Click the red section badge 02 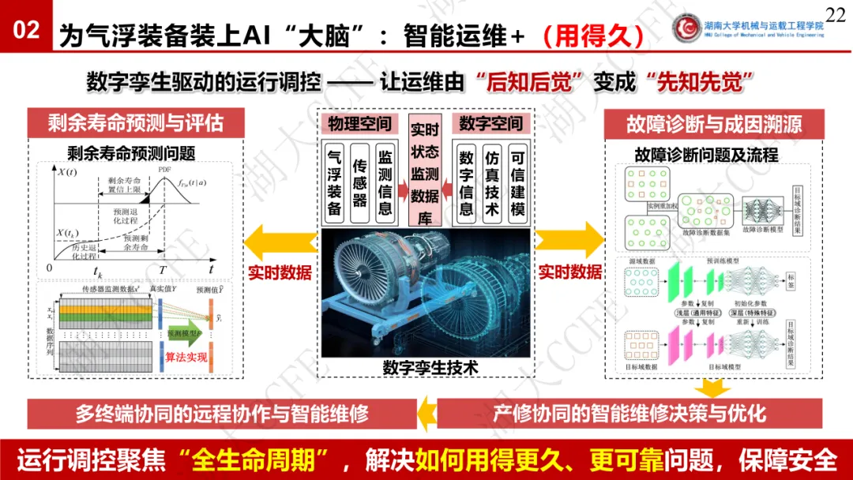click(x=26, y=31)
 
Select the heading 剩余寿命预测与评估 click(x=135, y=122)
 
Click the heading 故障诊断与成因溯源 click(x=714, y=122)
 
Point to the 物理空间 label click(x=360, y=124)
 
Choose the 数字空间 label click(x=490, y=124)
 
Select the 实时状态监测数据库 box click(x=426, y=174)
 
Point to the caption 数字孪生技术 click(x=430, y=367)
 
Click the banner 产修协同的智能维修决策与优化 click(x=629, y=414)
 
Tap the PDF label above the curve click(x=164, y=169)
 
